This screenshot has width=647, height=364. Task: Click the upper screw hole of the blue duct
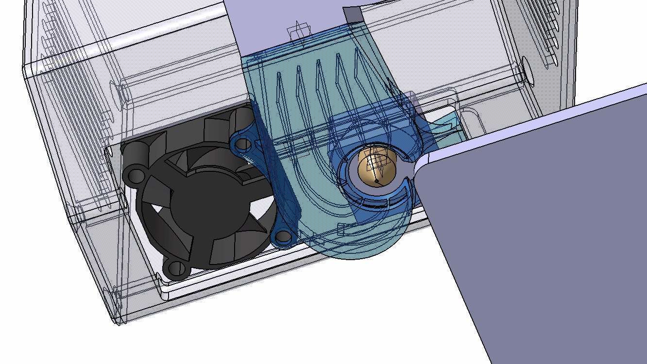[x=244, y=144]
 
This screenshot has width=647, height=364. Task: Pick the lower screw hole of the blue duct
[x=283, y=237]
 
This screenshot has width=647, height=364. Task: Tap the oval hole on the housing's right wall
[x=527, y=71]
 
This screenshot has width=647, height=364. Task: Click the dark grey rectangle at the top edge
[x=353, y=14]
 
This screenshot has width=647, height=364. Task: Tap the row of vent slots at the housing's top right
[x=551, y=29]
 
